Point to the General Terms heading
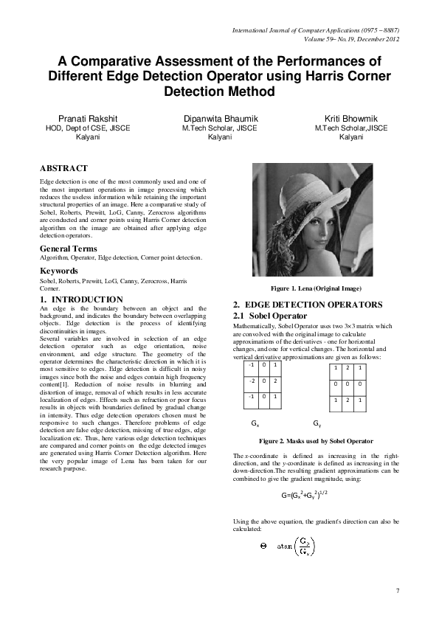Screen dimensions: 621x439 tap(69, 249)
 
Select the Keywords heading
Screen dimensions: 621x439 tap(59, 271)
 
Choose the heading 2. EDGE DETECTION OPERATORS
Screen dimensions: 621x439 tap(308, 304)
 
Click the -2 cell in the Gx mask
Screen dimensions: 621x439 tap(252, 381)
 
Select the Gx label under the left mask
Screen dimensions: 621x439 tap(255, 424)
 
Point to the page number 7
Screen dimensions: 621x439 tap(398, 591)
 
